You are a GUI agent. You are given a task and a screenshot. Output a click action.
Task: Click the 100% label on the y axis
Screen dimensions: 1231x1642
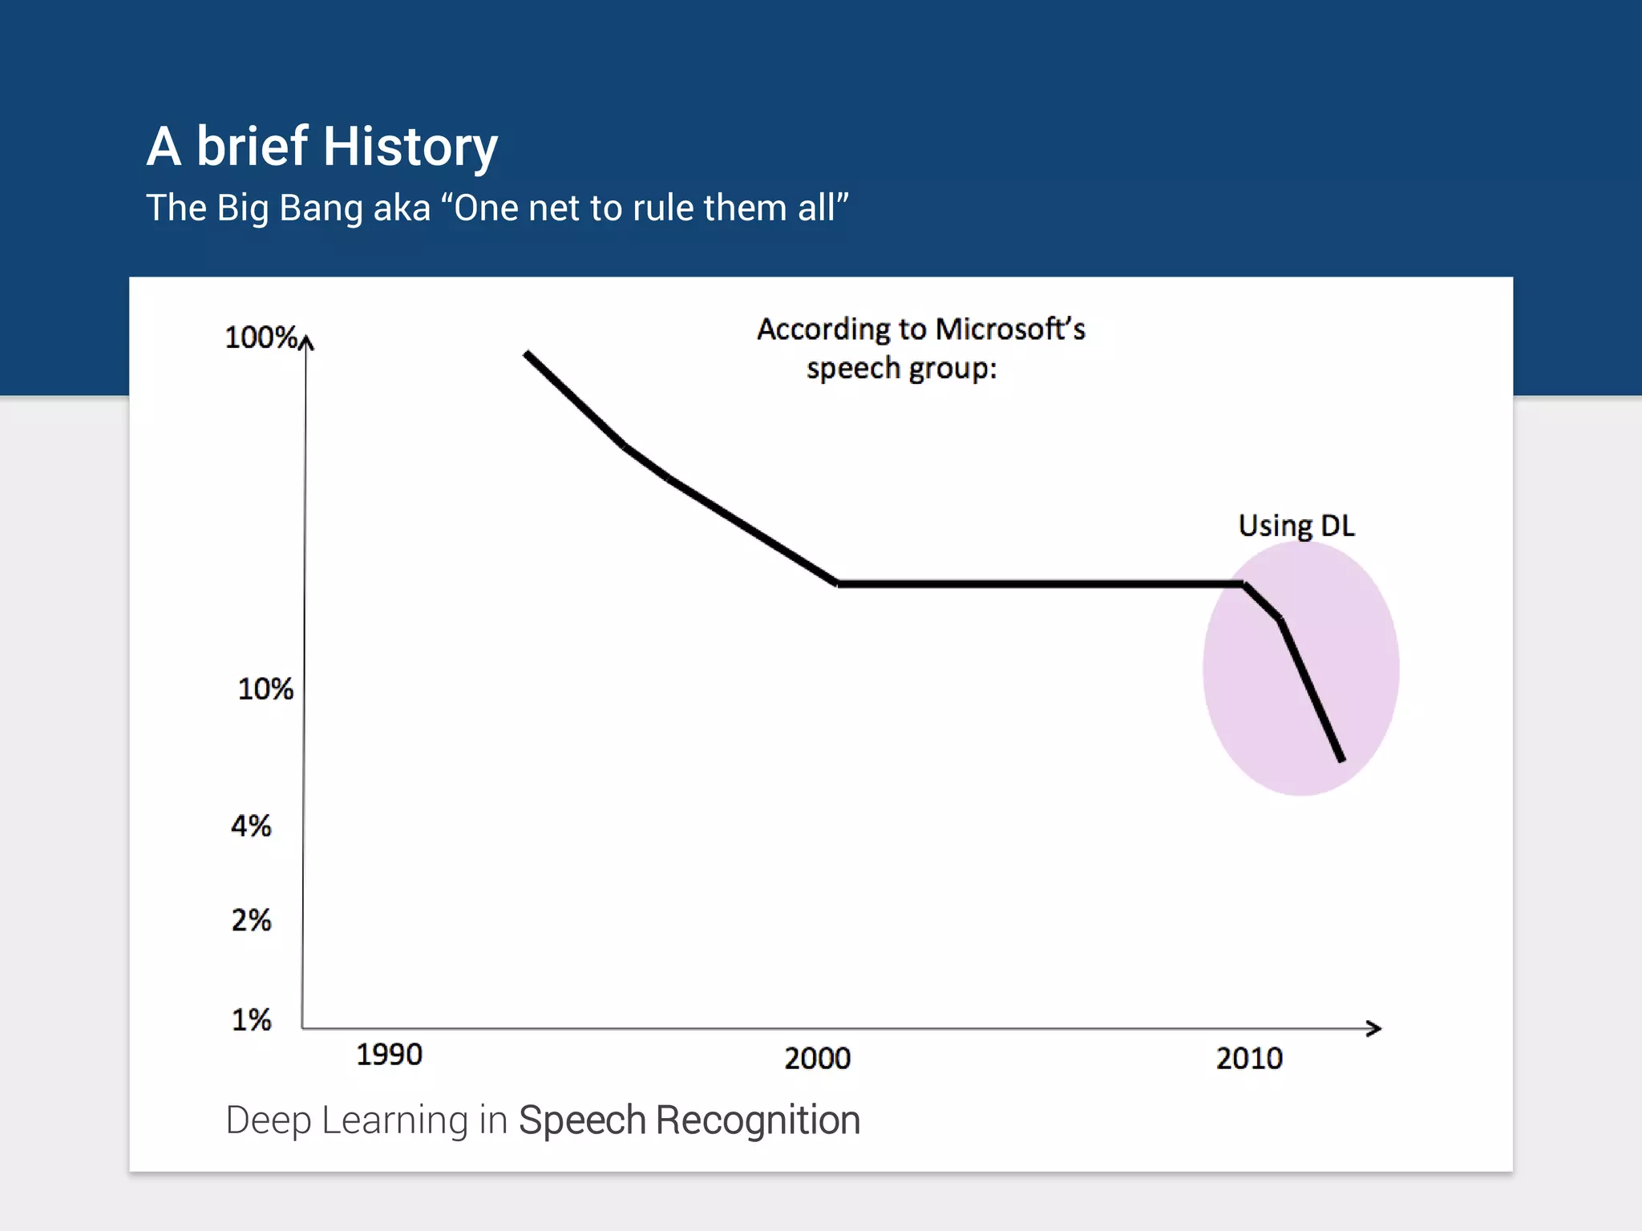point(261,337)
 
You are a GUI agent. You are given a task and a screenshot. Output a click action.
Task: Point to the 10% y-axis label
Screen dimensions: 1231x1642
point(265,689)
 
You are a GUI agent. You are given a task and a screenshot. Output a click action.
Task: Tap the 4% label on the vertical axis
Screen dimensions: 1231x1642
point(251,825)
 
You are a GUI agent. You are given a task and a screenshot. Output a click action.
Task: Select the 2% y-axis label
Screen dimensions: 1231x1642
point(251,920)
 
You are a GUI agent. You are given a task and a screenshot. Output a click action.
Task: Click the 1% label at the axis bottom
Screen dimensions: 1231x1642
point(251,1020)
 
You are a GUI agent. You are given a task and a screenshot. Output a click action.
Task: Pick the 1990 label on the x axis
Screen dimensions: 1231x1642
point(389,1055)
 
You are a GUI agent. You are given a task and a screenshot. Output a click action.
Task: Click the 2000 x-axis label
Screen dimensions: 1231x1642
point(817,1059)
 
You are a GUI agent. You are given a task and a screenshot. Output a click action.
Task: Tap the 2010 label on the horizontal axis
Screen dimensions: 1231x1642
point(1249,1059)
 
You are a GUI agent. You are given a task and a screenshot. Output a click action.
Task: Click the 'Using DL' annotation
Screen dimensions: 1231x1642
point(1296,526)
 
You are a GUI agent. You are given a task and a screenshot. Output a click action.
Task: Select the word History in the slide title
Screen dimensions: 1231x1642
point(410,147)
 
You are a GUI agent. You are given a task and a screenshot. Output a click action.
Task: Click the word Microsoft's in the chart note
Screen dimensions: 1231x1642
point(1010,329)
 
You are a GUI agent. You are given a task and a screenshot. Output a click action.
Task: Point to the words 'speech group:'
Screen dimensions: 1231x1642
point(901,369)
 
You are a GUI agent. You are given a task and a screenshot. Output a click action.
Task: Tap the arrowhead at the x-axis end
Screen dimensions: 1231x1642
point(1374,1028)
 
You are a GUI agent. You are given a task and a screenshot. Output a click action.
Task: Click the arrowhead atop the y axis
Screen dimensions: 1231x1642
point(306,342)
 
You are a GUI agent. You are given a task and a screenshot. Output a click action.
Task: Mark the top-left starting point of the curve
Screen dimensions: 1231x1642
point(527,353)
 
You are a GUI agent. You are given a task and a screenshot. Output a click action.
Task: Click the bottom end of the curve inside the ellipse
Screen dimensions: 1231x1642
point(1341,759)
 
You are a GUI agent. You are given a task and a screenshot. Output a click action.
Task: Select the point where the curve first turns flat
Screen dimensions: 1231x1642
point(838,583)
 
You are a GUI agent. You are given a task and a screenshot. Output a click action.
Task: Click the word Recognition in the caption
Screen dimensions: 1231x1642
point(758,1120)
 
